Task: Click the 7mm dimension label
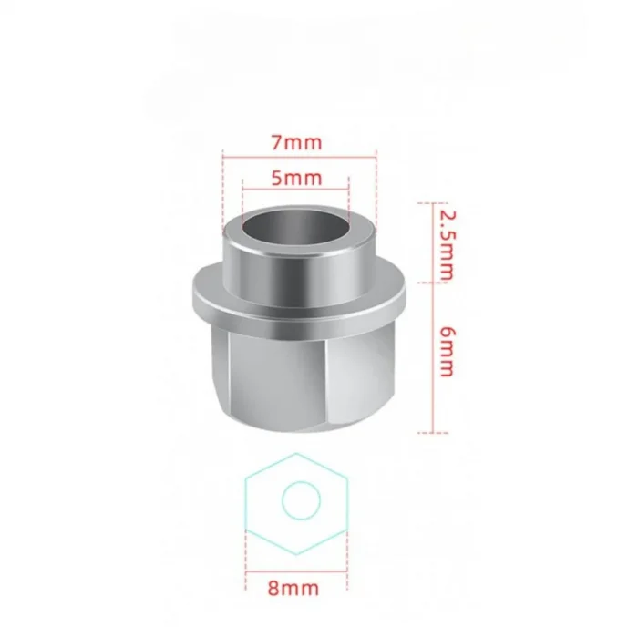(x=296, y=143)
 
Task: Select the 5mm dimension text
(x=296, y=178)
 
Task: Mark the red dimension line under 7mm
(x=296, y=159)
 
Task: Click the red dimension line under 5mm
(x=296, y=190)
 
